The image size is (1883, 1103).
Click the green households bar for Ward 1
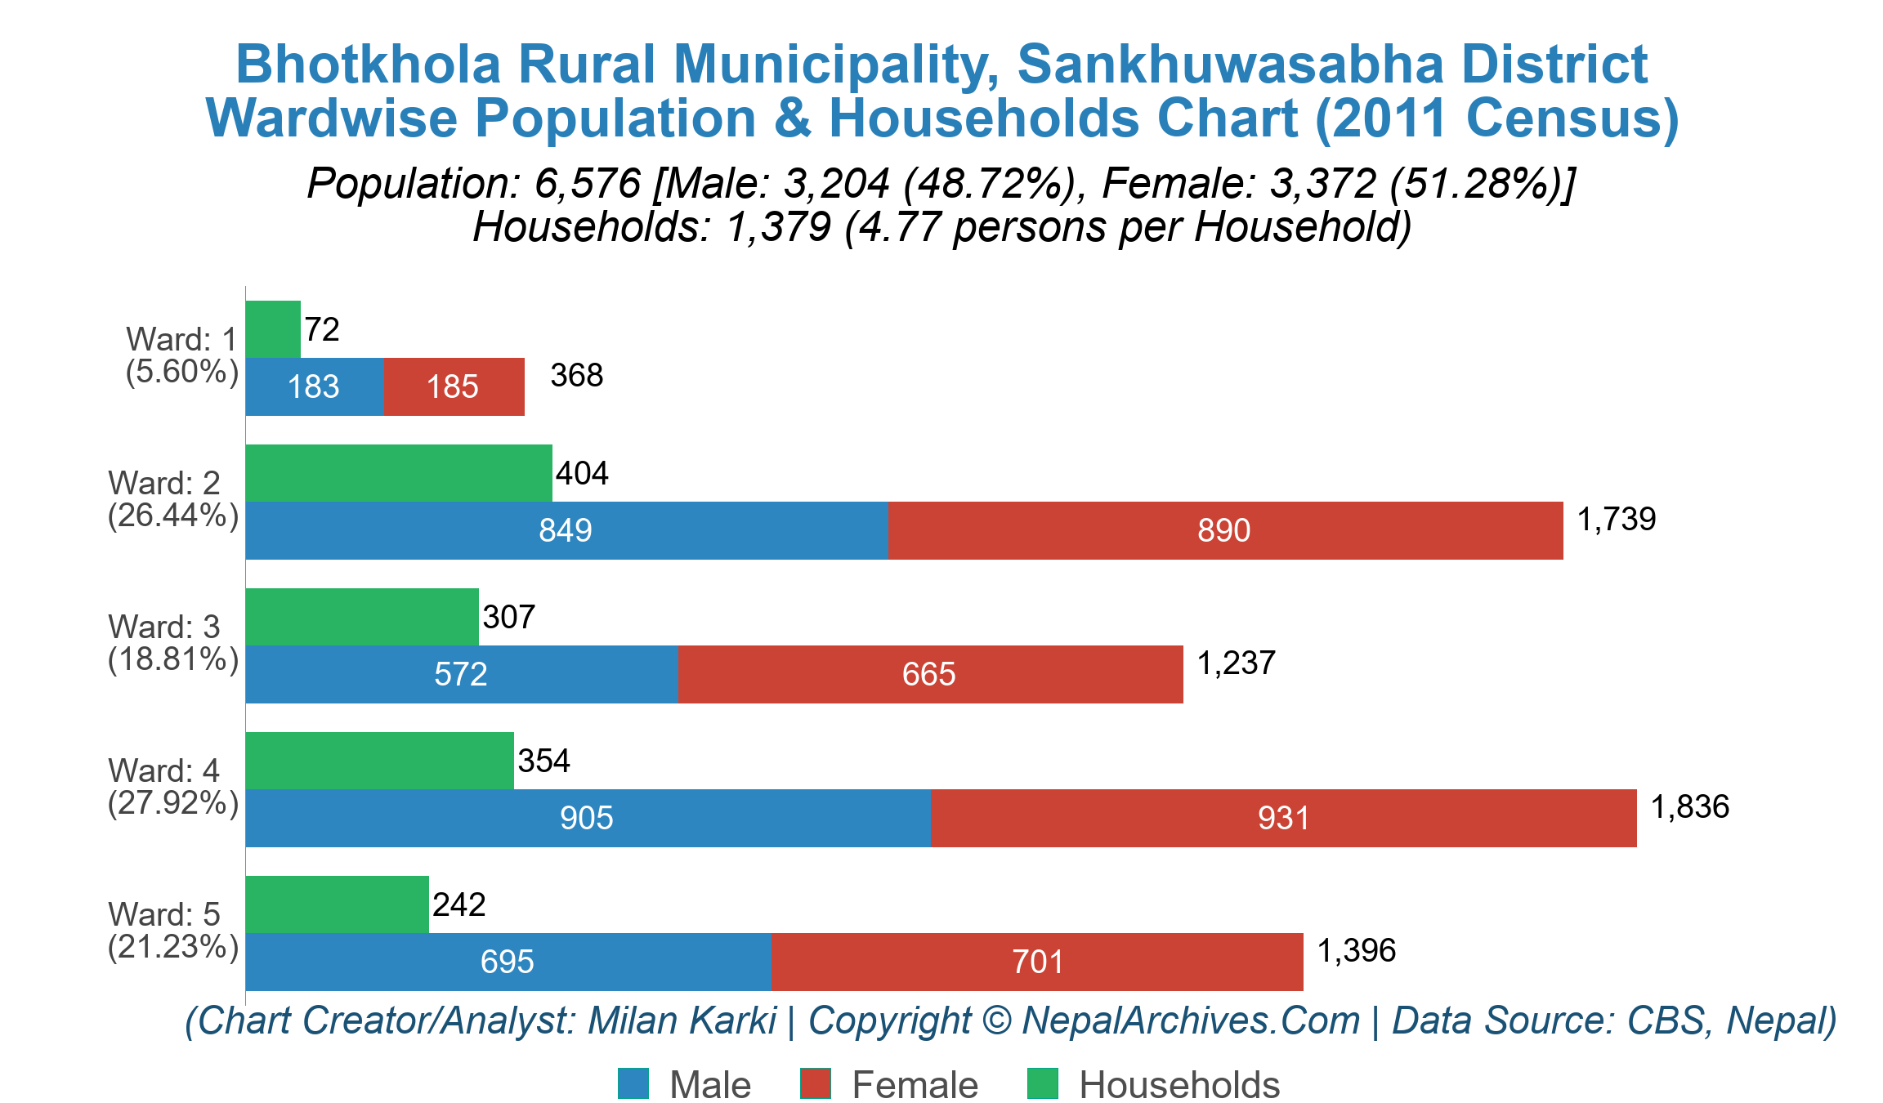pos(273,329)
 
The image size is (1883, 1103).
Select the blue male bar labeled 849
pos(566,530)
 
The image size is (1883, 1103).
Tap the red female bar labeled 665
pos(929,674)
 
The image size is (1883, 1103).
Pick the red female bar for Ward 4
pos(1283,818)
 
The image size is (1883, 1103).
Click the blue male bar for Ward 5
pos(508,962)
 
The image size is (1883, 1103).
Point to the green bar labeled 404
pos(399,473)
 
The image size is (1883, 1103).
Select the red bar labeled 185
pos(454,386)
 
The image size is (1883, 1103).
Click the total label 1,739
pos(1616,519)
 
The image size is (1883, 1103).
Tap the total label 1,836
pos(1689,806)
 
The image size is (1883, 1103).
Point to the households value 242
pos(459,904)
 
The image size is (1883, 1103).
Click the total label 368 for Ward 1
pos(576,375)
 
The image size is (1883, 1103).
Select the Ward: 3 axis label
pos(164,627)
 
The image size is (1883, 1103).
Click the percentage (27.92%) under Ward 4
pos(173,803)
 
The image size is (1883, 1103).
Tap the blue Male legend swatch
pos(633,1083)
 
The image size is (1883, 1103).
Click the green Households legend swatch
pos(1042,1083)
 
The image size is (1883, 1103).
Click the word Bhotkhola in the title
pos(367,64)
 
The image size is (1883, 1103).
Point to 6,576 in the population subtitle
pos(587,183)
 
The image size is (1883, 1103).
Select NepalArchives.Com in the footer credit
pos(1190,1020)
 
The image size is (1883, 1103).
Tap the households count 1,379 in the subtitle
pos(779,227)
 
